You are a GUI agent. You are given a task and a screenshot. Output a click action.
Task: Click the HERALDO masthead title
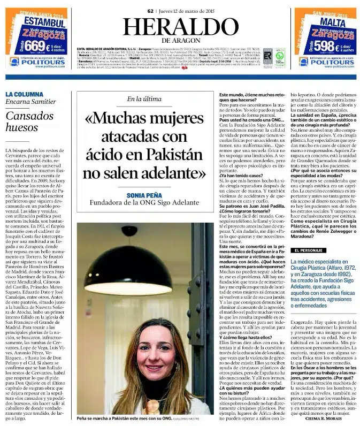[179, 27]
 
